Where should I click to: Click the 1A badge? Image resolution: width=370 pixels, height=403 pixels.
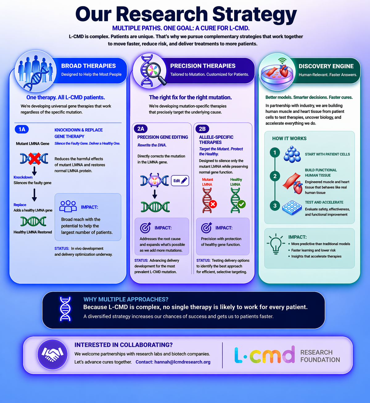(22, 129)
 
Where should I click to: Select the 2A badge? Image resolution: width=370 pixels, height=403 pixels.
(141, 129)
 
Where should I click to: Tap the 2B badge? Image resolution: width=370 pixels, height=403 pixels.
(202, 129)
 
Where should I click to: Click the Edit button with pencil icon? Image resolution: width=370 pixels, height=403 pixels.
(180, 181)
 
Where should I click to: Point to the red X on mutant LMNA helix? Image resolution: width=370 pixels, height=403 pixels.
(213, 204)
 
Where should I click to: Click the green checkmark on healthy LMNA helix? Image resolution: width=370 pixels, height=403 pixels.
(241, 204)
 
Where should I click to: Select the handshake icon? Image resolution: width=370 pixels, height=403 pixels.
(52, 354)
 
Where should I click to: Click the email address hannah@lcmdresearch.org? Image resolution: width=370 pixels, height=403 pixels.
(182, 362)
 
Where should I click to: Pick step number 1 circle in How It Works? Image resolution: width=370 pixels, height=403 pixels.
(275, 153)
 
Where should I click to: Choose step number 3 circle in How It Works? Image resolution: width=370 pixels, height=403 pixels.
(275, 206)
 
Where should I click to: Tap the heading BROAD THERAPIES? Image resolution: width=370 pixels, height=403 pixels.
(88, 66)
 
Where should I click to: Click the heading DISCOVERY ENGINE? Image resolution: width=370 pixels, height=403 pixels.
(326, 66)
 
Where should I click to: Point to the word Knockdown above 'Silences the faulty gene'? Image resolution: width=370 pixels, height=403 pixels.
(23, 177)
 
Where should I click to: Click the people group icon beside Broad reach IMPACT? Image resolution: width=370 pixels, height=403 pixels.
(68, 206)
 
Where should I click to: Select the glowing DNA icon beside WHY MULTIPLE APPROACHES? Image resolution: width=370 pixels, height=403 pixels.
(65, 309)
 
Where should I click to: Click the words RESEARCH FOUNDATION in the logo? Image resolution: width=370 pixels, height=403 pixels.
(320, 356)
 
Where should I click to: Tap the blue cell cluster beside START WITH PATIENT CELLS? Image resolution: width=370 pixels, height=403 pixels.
(292, 154)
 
